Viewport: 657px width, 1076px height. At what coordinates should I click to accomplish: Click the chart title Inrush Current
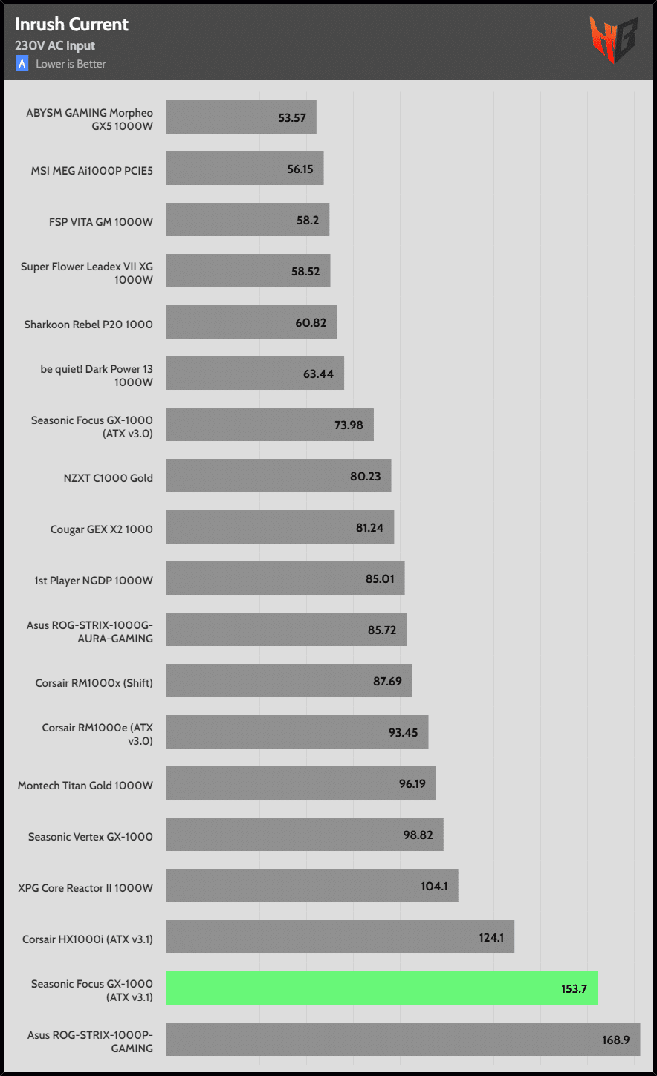(x=72, y=24)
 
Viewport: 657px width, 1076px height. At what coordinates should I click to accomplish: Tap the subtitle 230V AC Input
(x=55, y=45)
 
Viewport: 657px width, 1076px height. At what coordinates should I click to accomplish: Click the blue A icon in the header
(x=22, y=64)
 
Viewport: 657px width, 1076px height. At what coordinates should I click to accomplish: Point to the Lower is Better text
(x=71, y=64)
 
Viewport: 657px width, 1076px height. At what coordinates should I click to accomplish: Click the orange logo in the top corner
(x=613, y=39)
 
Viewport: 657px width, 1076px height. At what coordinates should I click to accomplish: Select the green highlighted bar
(x=381, y=988)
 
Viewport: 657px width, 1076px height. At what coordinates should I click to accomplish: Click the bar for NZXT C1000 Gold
(x=278, y=476)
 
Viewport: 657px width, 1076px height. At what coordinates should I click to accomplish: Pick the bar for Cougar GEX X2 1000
(x=279, y=527)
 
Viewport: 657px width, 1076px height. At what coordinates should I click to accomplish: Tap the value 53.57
(x=292, y=117)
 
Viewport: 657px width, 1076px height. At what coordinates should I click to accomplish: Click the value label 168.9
(x=616, y=1040)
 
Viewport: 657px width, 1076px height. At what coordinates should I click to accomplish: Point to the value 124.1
(x=491, y=937)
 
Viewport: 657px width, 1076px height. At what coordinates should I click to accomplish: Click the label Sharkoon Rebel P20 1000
(x=88, y=323)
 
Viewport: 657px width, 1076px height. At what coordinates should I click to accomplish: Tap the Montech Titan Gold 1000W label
(x=85, y=785)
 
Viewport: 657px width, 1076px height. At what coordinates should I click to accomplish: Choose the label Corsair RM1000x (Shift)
(x=94, y=682)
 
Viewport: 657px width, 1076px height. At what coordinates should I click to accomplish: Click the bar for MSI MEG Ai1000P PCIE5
(x=245, y=169)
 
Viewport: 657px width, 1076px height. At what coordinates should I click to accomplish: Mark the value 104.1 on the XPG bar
(x=435, y=886)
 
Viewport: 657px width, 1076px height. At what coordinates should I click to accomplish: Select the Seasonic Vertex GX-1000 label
(x=91, y=836)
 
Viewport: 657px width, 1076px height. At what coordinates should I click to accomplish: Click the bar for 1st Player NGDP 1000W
(x=285, y=578)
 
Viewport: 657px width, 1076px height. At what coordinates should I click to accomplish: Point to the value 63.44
(x=318, y=374)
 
